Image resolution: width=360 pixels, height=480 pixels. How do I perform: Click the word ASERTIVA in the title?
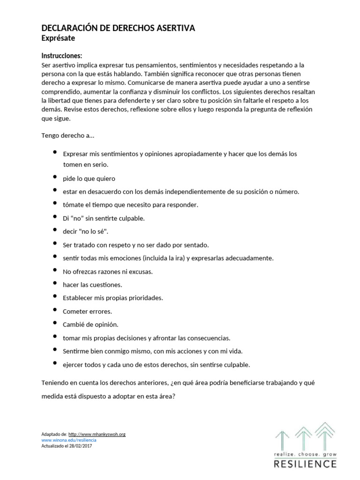(x=174, y=29)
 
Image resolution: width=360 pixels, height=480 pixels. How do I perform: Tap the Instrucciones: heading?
(x=62, y=55)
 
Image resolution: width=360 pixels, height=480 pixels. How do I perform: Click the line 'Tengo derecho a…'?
(x=68, y=135)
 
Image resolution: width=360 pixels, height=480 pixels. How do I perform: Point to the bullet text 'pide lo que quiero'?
(x=89, y=178)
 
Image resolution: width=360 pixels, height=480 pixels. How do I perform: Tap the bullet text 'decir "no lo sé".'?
(x=86, y=232)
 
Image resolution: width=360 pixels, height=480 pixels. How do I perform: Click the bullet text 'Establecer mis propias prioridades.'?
(x=112, y=298)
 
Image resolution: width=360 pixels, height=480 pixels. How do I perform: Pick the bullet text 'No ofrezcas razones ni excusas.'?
(x=108, y=271)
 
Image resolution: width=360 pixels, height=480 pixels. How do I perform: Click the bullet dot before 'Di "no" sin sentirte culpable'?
(x=55, y=218)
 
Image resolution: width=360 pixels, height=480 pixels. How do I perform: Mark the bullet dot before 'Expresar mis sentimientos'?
(x=55, y=153)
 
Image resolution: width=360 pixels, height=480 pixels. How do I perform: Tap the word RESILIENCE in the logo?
(x=305, y=464)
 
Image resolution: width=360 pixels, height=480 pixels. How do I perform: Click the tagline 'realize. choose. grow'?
(x=305, y=455)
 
